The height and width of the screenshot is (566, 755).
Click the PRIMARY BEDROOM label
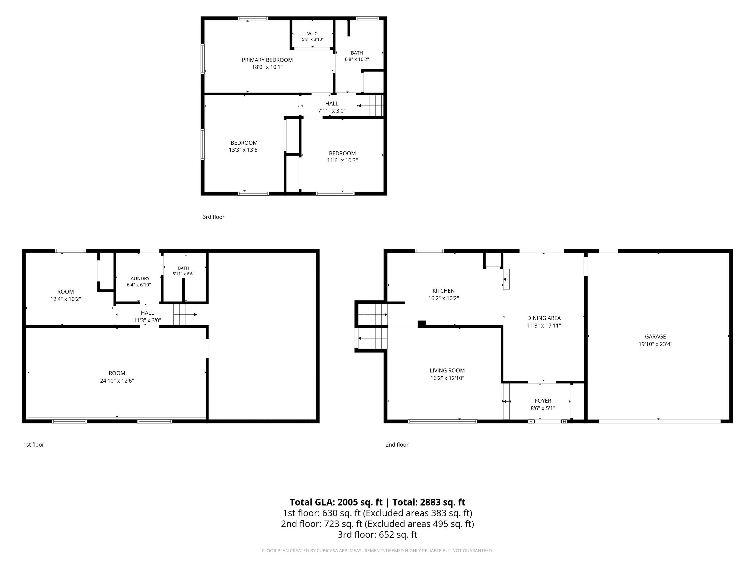pyautogui.click(x=267, y=60)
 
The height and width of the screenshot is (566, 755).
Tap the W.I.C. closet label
pyautogui.click(x=313, y=33)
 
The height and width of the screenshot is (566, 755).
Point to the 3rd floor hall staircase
pyautogui.click(x=371, y=106)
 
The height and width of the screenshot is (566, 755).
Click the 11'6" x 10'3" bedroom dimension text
pyautogui.click(x=342, y=160)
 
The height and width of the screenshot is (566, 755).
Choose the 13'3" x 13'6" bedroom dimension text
pyautogui.click(x=244, y=150)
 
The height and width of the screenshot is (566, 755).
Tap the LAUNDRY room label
pyautogui.click(x=139, y=278)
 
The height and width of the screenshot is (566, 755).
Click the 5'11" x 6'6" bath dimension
pyautogui.click(x=183, y=274)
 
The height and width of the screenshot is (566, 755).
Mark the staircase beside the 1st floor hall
pyautogui.click(x=185, y=314)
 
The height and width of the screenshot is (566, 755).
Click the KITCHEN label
pyautogui.click(x=444, y=291)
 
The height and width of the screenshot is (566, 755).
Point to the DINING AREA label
pyautogui.click(x=544, y=318)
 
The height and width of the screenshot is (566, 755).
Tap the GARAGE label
pyautogui.click(x=655, y=336)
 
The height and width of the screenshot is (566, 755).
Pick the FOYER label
pyautogui.click(x=543, y=400)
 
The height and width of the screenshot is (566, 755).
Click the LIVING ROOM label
pyautogui.click(x=447, y=370)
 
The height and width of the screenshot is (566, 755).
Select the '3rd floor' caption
pyautogui.click(x=214, y=217)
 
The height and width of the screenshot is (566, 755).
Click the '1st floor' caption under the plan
pyautogui.click(x=34, y=445)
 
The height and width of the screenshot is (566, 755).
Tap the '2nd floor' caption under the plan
pyautogui.click(x=397, y=445)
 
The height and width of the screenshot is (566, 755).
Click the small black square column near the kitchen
pyautogui.click(x=422, y=324)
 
